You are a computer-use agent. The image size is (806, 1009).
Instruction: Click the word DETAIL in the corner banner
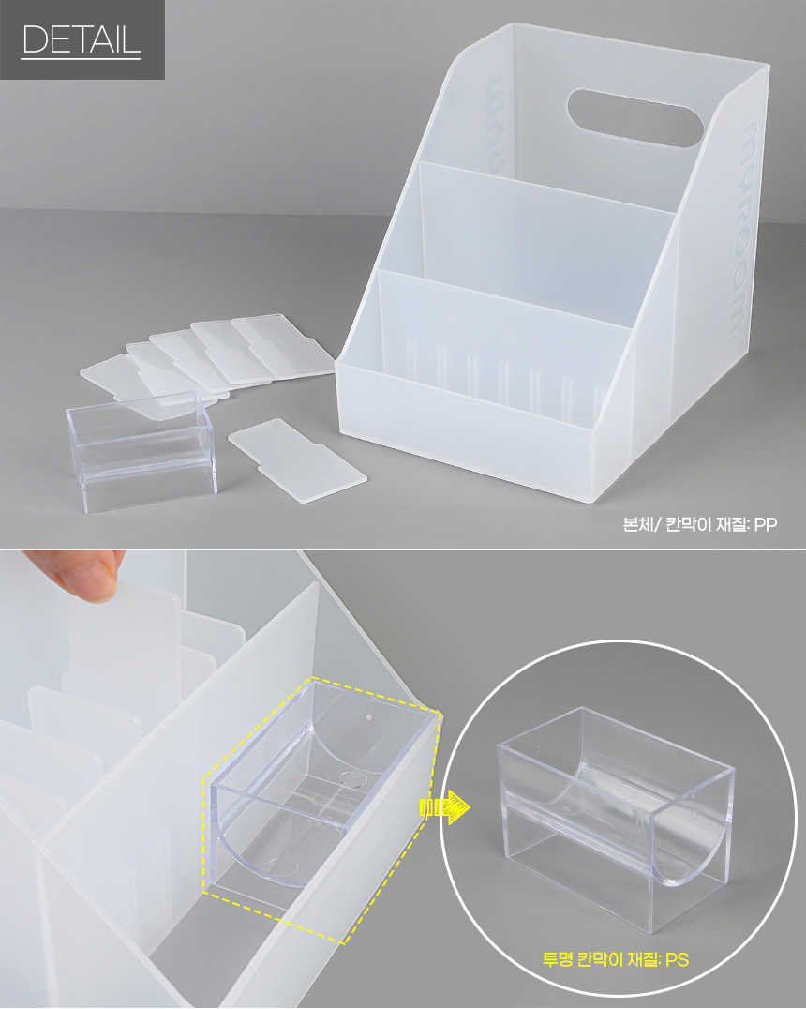pos(81,39)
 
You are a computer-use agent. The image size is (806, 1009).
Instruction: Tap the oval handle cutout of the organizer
pos(634,118)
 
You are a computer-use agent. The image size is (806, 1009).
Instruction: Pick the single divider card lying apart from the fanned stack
pos(297,460)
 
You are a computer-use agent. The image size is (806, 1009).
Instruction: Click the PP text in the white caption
pos(766,524)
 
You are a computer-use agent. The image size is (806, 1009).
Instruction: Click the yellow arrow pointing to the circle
pos(444,807)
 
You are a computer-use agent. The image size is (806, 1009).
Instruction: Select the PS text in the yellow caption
pos(677,959)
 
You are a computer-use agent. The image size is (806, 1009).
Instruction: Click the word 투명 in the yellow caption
pos(558,959)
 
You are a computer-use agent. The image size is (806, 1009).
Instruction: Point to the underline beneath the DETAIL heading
pos(81,59)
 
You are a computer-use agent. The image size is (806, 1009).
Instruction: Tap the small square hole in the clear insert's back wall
pos(368,716)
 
